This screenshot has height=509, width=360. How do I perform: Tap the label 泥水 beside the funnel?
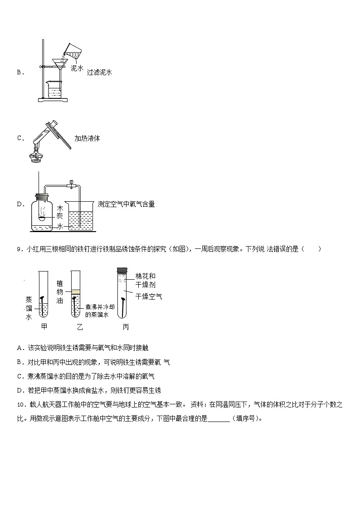pyautogui.click(x=77, y=68)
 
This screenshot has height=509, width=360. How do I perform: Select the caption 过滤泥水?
pyautogui.click(x=99, y=72)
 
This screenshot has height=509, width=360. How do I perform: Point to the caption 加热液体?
pyautogui.click(x=87, y=138)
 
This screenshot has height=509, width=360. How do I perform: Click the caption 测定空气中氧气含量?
pyautogui.click(x=126, y=204)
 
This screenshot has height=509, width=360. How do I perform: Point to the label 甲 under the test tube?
pyautogui.click(x=44, y=326)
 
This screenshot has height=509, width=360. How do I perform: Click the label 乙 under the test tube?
pyautogui.click(x=80, y=326)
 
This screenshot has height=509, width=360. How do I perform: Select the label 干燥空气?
pyautogui.click(x=149, y=296)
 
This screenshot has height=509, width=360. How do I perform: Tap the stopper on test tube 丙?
pyautogui.click(x=123, y=270)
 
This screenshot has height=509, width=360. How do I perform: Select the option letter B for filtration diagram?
pyautogui.click(x=19, y=72)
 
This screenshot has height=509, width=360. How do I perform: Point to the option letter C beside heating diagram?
pyautogui.click(x=19, y=138)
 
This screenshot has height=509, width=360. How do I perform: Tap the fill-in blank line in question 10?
pyautogui.click(x=219, y=418)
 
